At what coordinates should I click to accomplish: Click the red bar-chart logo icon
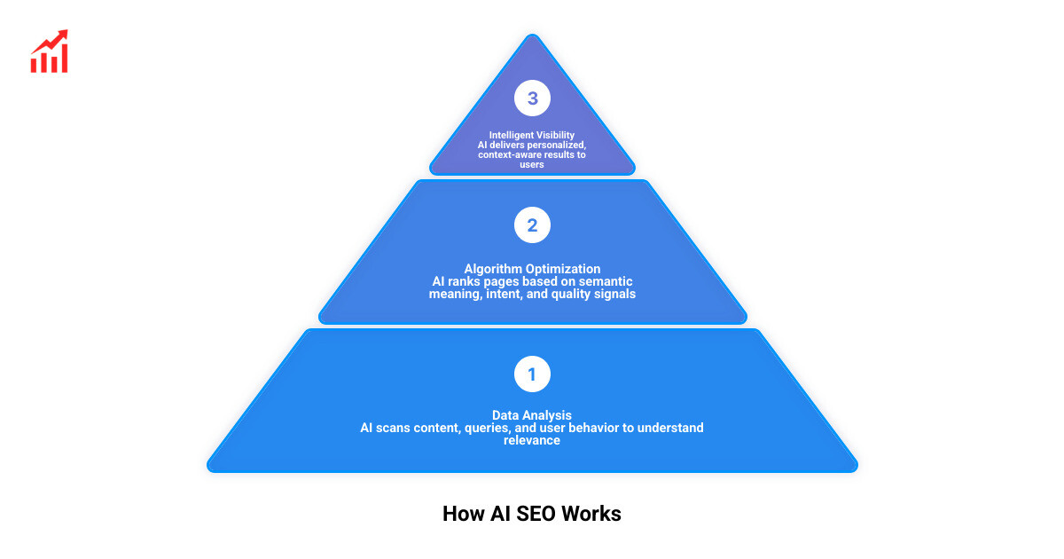(x=50, y=51)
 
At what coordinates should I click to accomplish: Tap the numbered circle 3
(x=532, y=98)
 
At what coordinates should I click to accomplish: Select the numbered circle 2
(x=532, y=225)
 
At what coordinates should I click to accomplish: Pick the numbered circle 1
(x=532, y=374)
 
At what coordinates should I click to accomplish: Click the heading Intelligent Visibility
(x=532, y=136)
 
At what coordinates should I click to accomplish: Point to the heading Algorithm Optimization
(x=532, y=269)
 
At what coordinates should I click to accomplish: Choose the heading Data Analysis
(x=532, y=415)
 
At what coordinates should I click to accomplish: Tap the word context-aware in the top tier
(x=504, y=155)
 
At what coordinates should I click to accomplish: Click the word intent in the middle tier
(x=506, y=294)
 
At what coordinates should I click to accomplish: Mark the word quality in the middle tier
(x=575, y=294)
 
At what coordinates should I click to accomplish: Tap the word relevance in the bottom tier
(x=532, y=440)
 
